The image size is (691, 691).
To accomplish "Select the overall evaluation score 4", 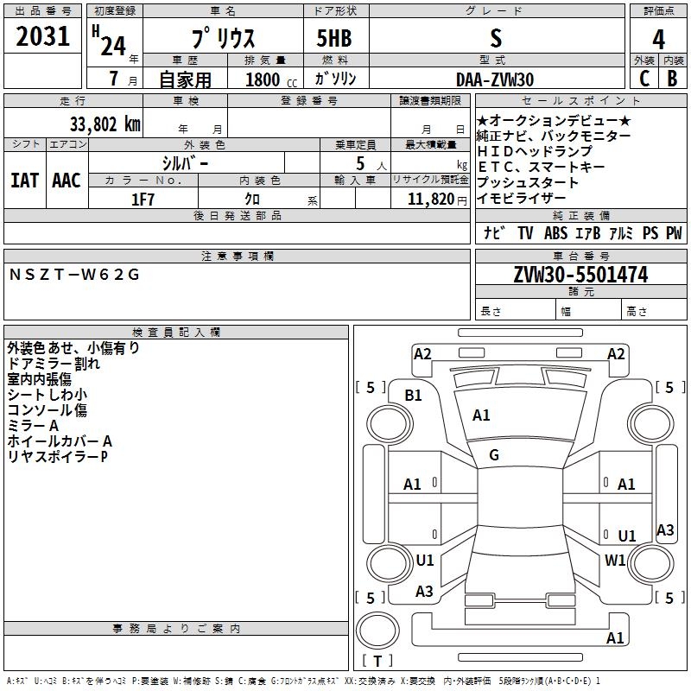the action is pyautogui.click(x=658, y=40).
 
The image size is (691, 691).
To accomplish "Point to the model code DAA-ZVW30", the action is pyautogui.click(x=495, y=79).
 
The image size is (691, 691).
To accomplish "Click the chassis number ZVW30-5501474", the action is pyautogui.click(x=580, y=275).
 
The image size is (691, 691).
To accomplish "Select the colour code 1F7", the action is pyautogui.click(x=143, y=200).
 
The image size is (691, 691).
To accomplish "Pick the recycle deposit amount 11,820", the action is pyautogui.click(x=429, y=200).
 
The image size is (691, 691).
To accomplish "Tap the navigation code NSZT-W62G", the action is pyautogui.click(x=74, y=275).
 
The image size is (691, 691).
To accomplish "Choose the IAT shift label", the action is pyautogui.click(x=24, y=181).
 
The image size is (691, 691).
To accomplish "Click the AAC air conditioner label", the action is pyautogui.click(x=66, y=181).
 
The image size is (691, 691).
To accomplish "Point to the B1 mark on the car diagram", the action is pyautogui.click(x=414, y=395).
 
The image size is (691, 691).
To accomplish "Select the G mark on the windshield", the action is pyautogui.click(x=494, y=454).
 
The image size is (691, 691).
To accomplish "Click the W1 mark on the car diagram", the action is pyautogui.click(x=615, y=560).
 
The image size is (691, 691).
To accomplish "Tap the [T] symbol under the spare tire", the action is pyautogui.click(x=377, y=662).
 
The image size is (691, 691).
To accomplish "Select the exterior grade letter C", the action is pyautogui.click(x=643, y=79).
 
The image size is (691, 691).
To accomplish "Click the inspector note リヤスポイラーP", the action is pyautogui.click(x=58, y=456).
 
